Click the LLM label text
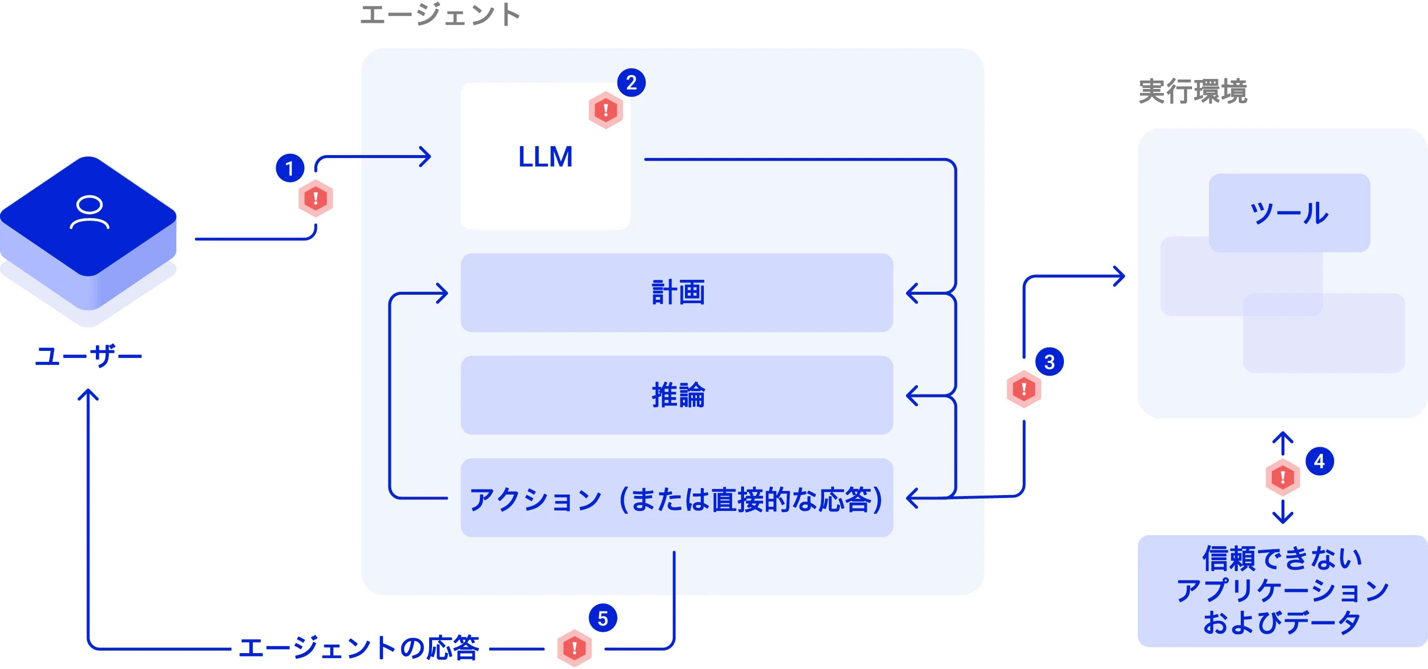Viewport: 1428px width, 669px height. point(545,157)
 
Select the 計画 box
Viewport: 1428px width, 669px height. point(676,293)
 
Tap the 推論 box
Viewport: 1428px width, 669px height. point(676,395)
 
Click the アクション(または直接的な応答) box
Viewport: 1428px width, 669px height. point(676,498)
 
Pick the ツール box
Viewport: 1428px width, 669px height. point(1289,213)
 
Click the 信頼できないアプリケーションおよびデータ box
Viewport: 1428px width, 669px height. point(1281,590)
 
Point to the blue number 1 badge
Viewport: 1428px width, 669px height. point(290,168)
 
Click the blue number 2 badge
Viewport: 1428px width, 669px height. point(631,83)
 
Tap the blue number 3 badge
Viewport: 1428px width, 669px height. point(1049,362)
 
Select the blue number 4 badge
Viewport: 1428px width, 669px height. point(1319,461)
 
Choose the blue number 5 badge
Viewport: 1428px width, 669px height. point(602,618)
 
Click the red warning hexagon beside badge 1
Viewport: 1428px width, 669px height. point(315,198)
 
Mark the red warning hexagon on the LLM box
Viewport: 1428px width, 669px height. point(605,110)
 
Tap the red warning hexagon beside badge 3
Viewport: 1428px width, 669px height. point(1023,389)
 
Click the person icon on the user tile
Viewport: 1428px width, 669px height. point(89,212)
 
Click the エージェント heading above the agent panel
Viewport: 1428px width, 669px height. point(440,15)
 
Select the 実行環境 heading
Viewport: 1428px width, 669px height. point(1193,91)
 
